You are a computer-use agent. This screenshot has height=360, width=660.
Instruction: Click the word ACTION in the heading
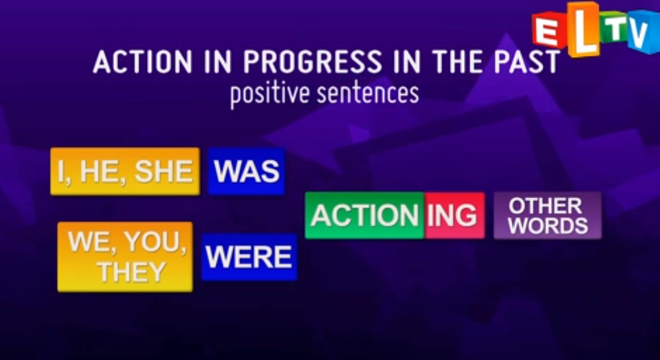(x=142, y=63)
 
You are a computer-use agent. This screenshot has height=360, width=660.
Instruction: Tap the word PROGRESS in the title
(x=312, y=63)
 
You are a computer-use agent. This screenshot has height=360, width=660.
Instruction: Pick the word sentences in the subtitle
(x=368, y=94)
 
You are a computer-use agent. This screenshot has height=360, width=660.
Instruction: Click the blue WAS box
(x=246, y=171)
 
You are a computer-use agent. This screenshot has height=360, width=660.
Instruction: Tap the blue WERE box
(x=250, y=257)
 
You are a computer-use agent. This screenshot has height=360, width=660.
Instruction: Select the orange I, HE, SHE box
(x=125, y=172)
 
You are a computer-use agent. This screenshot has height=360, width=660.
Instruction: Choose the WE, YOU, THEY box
(x=125, y=257)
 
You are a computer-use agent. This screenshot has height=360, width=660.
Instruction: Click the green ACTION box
(x=365, y=216)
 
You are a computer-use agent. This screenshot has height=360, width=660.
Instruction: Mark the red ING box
(x=455, y=216)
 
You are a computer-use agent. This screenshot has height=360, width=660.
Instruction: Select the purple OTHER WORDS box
(x=548, y=216)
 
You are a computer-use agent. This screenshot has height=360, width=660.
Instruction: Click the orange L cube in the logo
(x=583, y=30)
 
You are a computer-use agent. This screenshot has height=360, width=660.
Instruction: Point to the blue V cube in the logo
(x=645, y=32)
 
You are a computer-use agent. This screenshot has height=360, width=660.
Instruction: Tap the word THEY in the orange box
(x=131, y=272)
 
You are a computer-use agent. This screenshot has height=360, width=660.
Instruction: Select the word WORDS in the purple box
(x=548, y=226)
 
